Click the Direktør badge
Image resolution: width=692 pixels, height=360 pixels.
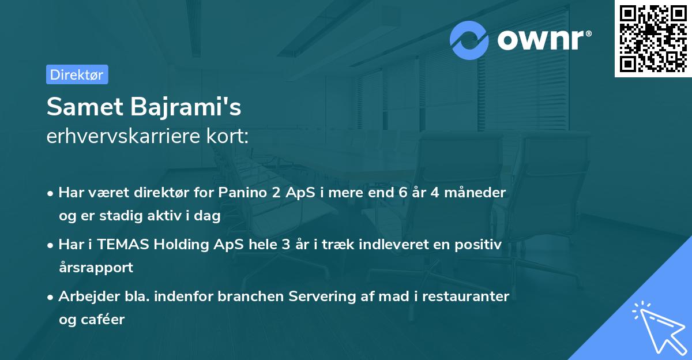point(77,74)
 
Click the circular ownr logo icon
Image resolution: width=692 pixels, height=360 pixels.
point(469,40)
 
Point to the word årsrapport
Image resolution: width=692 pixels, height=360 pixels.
point(96,267)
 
